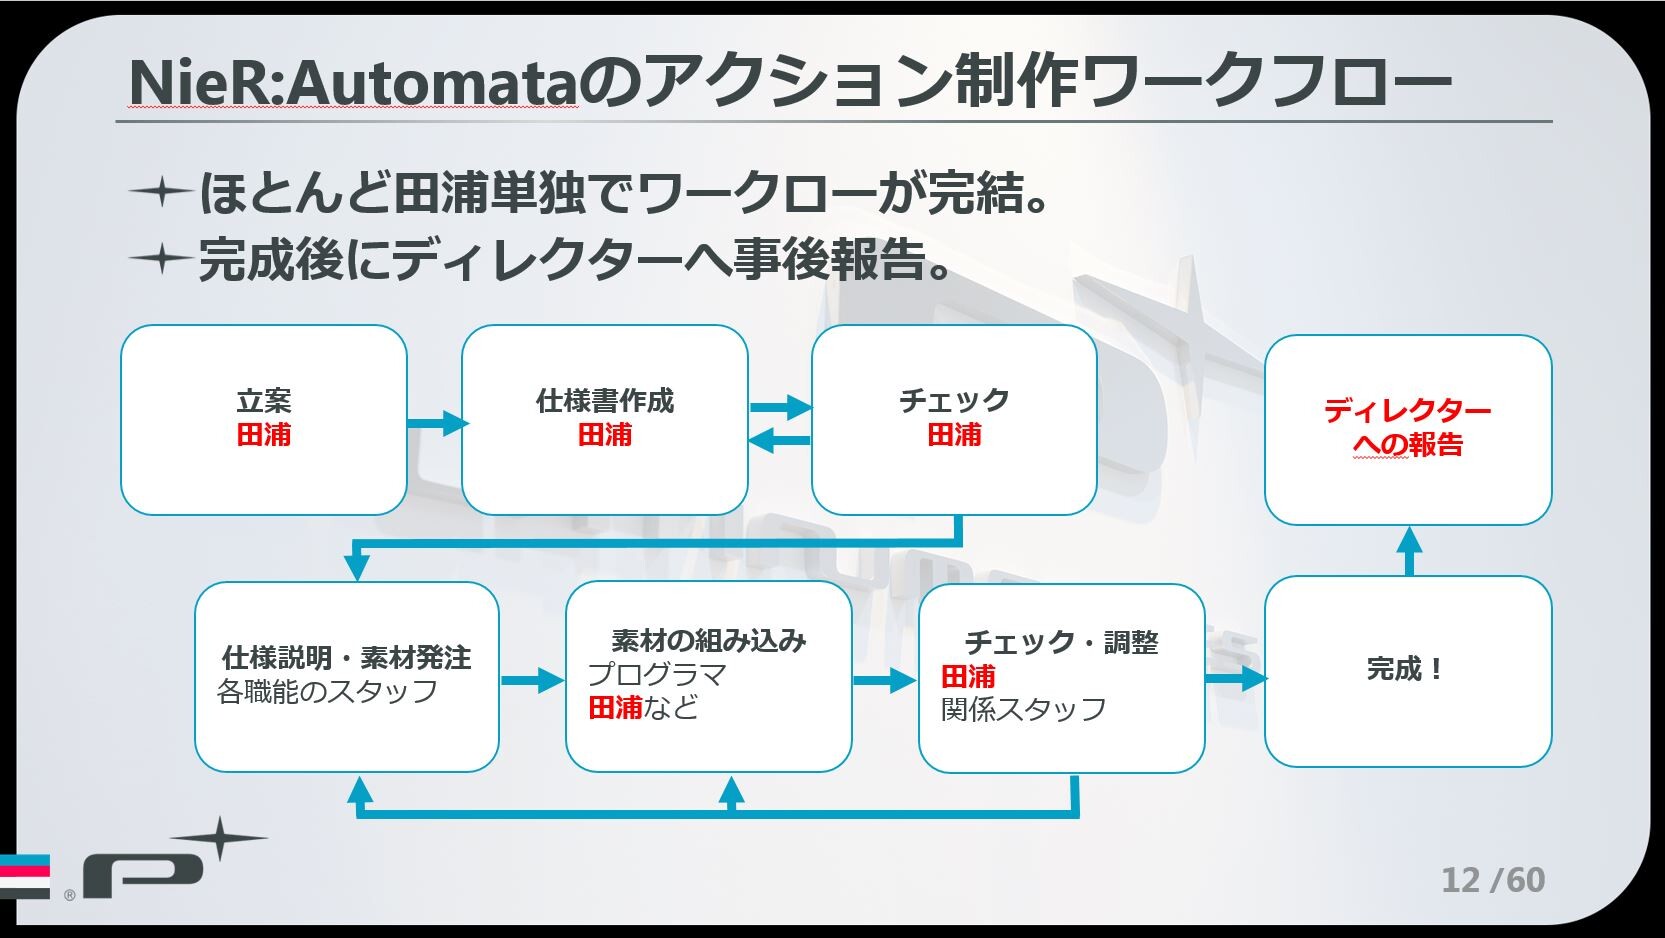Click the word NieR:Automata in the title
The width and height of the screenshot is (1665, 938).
tap(353, 81)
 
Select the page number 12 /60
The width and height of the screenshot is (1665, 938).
tap(1492, 879)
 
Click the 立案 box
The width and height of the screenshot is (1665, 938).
tap(264, 420)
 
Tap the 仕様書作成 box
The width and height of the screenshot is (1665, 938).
tap(605, 420)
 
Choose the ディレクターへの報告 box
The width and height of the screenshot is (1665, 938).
tap(1408, 429)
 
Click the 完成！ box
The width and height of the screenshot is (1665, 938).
tap(1408, 671)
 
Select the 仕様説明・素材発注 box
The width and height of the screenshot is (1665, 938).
tap(346, 676)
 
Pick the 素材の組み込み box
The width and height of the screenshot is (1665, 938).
tap(708, 676)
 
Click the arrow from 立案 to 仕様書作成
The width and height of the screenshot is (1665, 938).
tap(437, 423)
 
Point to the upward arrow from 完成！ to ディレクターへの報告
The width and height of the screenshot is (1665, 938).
tap(1409, 551)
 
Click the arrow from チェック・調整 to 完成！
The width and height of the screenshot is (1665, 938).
tap(1236, 678)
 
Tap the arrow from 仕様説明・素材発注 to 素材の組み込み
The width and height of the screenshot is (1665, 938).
tap(532, 680)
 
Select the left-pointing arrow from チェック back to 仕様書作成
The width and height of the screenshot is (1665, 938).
tap(780, 440)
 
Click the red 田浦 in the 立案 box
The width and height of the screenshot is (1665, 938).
tap(264, 435)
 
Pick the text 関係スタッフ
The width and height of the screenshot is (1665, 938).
tap(1023, 709)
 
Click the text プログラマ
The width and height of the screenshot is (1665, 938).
tap(656, 674)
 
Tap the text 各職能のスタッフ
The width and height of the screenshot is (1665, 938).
tap(327, 691)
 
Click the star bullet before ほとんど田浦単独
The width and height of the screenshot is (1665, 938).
tap(160, 192)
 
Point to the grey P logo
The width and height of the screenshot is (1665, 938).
tap(142, 873)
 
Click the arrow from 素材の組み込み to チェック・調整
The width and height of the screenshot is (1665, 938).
tap(884, 680)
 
